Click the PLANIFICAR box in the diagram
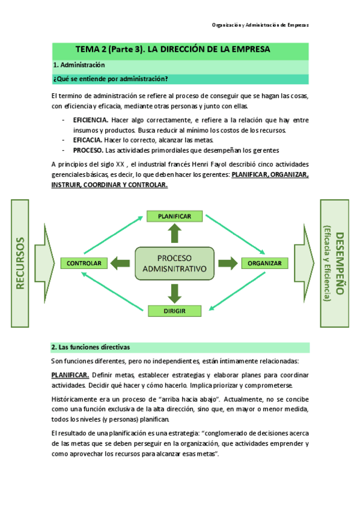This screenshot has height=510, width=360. click(174, 216)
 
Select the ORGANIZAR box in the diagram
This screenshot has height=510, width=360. click(264, 263)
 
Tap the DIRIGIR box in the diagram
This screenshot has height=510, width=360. click(174, 311)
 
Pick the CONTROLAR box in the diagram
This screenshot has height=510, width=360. click(84, 263)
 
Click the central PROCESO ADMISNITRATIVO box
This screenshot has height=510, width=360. click(174, 263)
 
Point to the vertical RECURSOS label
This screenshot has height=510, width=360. click(20, 263)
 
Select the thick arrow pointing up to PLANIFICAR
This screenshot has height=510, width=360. click(174, 232)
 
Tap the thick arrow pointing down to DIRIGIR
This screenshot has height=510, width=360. click(174, 293)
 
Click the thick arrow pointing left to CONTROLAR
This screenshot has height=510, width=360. click(120, 263)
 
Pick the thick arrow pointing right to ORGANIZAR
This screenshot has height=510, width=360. click(227, 263)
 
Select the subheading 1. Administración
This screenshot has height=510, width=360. click(79, 65)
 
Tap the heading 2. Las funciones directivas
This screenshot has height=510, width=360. click(91, 347)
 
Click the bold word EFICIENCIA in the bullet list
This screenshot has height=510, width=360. click(90, 120)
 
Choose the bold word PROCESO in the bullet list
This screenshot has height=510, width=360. click(88, 150)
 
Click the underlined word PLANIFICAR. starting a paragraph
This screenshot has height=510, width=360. click(70, 374)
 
